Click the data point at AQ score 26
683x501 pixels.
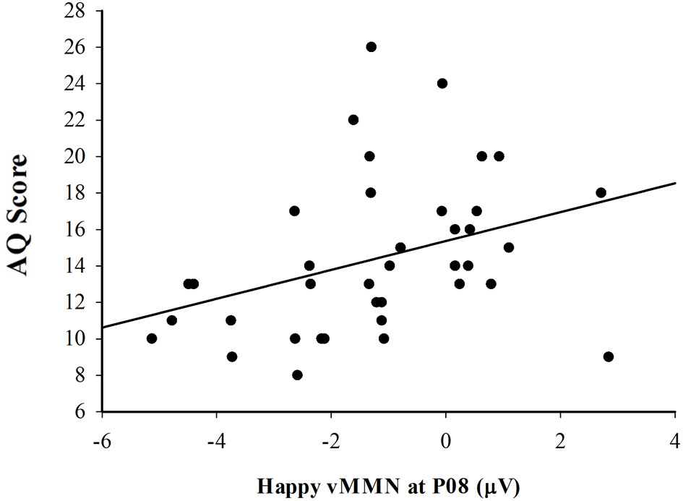(x=371, y=47)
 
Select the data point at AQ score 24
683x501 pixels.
(x=442, y=83)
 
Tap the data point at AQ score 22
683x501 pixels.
(x=353, y=120)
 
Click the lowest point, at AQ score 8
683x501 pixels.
(x=297, y=374)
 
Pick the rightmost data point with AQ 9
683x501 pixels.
(x=609, y=356)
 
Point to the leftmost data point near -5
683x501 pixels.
(x=152, y=338)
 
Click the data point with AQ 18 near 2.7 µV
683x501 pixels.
(x=601, y=192)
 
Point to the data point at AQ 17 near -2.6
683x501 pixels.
(x=294, y=211)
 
